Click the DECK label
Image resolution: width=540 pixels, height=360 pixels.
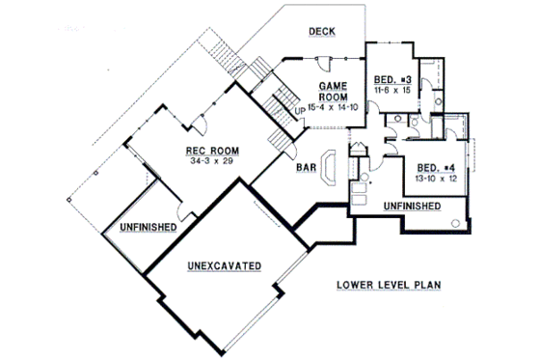click(321, 32)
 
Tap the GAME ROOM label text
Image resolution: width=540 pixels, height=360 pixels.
click(333, 92)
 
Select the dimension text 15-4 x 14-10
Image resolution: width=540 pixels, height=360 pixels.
click(334, 107)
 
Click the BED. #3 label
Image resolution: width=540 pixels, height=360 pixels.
click(393, 77)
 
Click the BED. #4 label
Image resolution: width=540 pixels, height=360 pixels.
click(435, 167)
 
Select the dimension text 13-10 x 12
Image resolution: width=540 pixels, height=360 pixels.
click(435, 178)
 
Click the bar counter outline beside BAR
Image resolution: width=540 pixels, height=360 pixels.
click(329, 167)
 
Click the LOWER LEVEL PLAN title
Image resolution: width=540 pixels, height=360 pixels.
click(391, 286)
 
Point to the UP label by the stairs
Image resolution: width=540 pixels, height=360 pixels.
click(299, 109)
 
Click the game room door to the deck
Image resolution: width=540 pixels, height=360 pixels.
click(319, 62)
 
